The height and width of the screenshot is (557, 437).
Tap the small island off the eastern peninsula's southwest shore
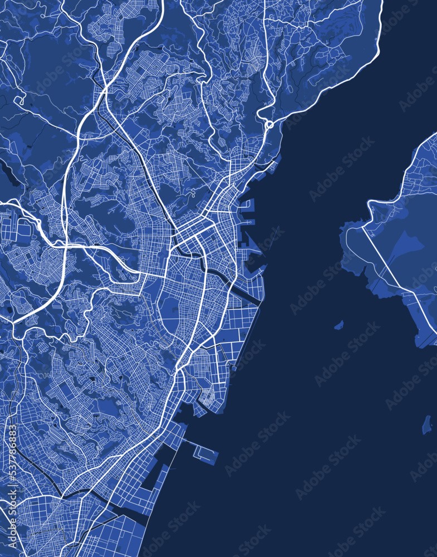pyautogui.click(x=338, y=325)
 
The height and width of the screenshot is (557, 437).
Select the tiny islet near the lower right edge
pyautogui.click(x=426, y=424)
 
